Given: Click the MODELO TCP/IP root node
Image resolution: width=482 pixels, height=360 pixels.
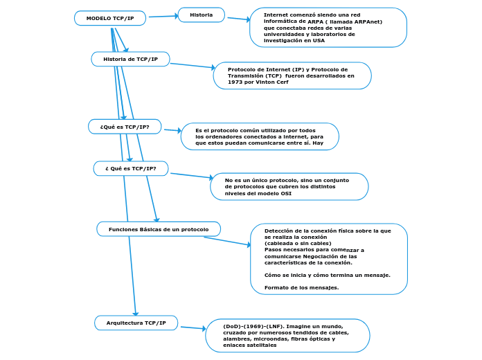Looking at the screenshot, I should [110, 18].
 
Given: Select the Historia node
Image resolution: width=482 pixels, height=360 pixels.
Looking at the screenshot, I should [202, 15].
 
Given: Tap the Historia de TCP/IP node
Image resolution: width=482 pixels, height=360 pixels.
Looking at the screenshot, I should [130, 60].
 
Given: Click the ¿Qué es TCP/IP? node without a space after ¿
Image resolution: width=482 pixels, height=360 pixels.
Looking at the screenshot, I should [125, 127].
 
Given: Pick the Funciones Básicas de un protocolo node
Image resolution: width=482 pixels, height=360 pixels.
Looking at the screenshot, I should [159, 229].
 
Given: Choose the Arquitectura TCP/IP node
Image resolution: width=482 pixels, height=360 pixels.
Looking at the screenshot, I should [136, 323].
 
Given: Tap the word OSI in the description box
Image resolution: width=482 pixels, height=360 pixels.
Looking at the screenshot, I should [285, 194].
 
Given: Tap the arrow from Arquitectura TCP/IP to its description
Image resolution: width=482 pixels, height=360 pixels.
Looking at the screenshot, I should [192, 327].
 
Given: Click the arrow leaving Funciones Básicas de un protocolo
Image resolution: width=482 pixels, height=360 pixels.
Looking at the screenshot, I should [227, 241].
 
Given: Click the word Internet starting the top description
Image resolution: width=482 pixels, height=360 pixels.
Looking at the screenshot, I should [278, 15].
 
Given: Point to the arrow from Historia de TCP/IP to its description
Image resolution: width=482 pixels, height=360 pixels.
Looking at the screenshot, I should [192, 66].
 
